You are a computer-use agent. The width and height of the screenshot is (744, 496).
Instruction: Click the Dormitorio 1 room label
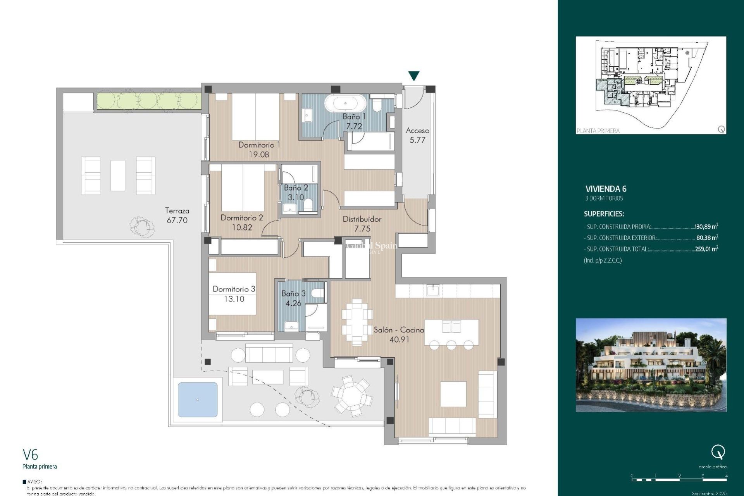(x=259, y=145)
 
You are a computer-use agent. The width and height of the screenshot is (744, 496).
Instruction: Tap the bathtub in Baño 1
(x=345, y=103)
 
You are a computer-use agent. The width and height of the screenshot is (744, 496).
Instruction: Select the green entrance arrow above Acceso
(x=414, y=76)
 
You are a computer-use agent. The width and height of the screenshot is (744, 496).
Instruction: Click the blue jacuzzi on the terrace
(x=198, y=400)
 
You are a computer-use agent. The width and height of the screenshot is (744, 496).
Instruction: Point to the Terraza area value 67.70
(x=177, y=220)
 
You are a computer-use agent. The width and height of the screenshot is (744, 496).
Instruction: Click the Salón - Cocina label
(x=399, y=330)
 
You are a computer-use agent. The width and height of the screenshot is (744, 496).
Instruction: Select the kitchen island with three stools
(x=451, y=332)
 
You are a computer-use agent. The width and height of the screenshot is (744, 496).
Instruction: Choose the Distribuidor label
(x=362, y=219)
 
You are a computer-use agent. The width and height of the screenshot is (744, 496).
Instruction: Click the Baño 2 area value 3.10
(x=296, y=197)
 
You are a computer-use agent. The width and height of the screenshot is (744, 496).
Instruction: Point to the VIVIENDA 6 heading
(x=606, y=189)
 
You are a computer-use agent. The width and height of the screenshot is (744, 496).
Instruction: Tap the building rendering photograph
(x=651, y=365)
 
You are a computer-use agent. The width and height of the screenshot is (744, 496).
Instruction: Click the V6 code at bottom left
(x=30, y=455)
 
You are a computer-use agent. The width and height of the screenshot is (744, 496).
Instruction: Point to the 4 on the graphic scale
(x=726, y=476)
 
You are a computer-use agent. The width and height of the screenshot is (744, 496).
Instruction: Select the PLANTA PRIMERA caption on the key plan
(x=598, y=131)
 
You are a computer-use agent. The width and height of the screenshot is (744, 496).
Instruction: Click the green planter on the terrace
(x=148, y=101)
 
